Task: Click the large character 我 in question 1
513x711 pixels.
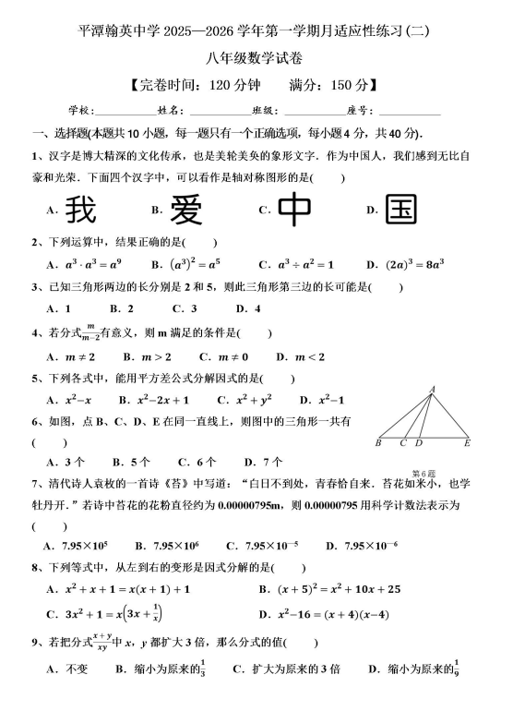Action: coord(81,210)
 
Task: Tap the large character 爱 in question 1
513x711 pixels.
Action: coord(186,210)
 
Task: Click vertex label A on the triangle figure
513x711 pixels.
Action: coord(432,389)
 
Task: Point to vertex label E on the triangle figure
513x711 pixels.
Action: coord(467,443)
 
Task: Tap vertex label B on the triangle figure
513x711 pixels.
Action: coord(378,443)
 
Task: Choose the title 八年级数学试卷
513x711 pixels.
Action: coord(256,57)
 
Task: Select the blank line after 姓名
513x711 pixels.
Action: coord(212,110)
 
